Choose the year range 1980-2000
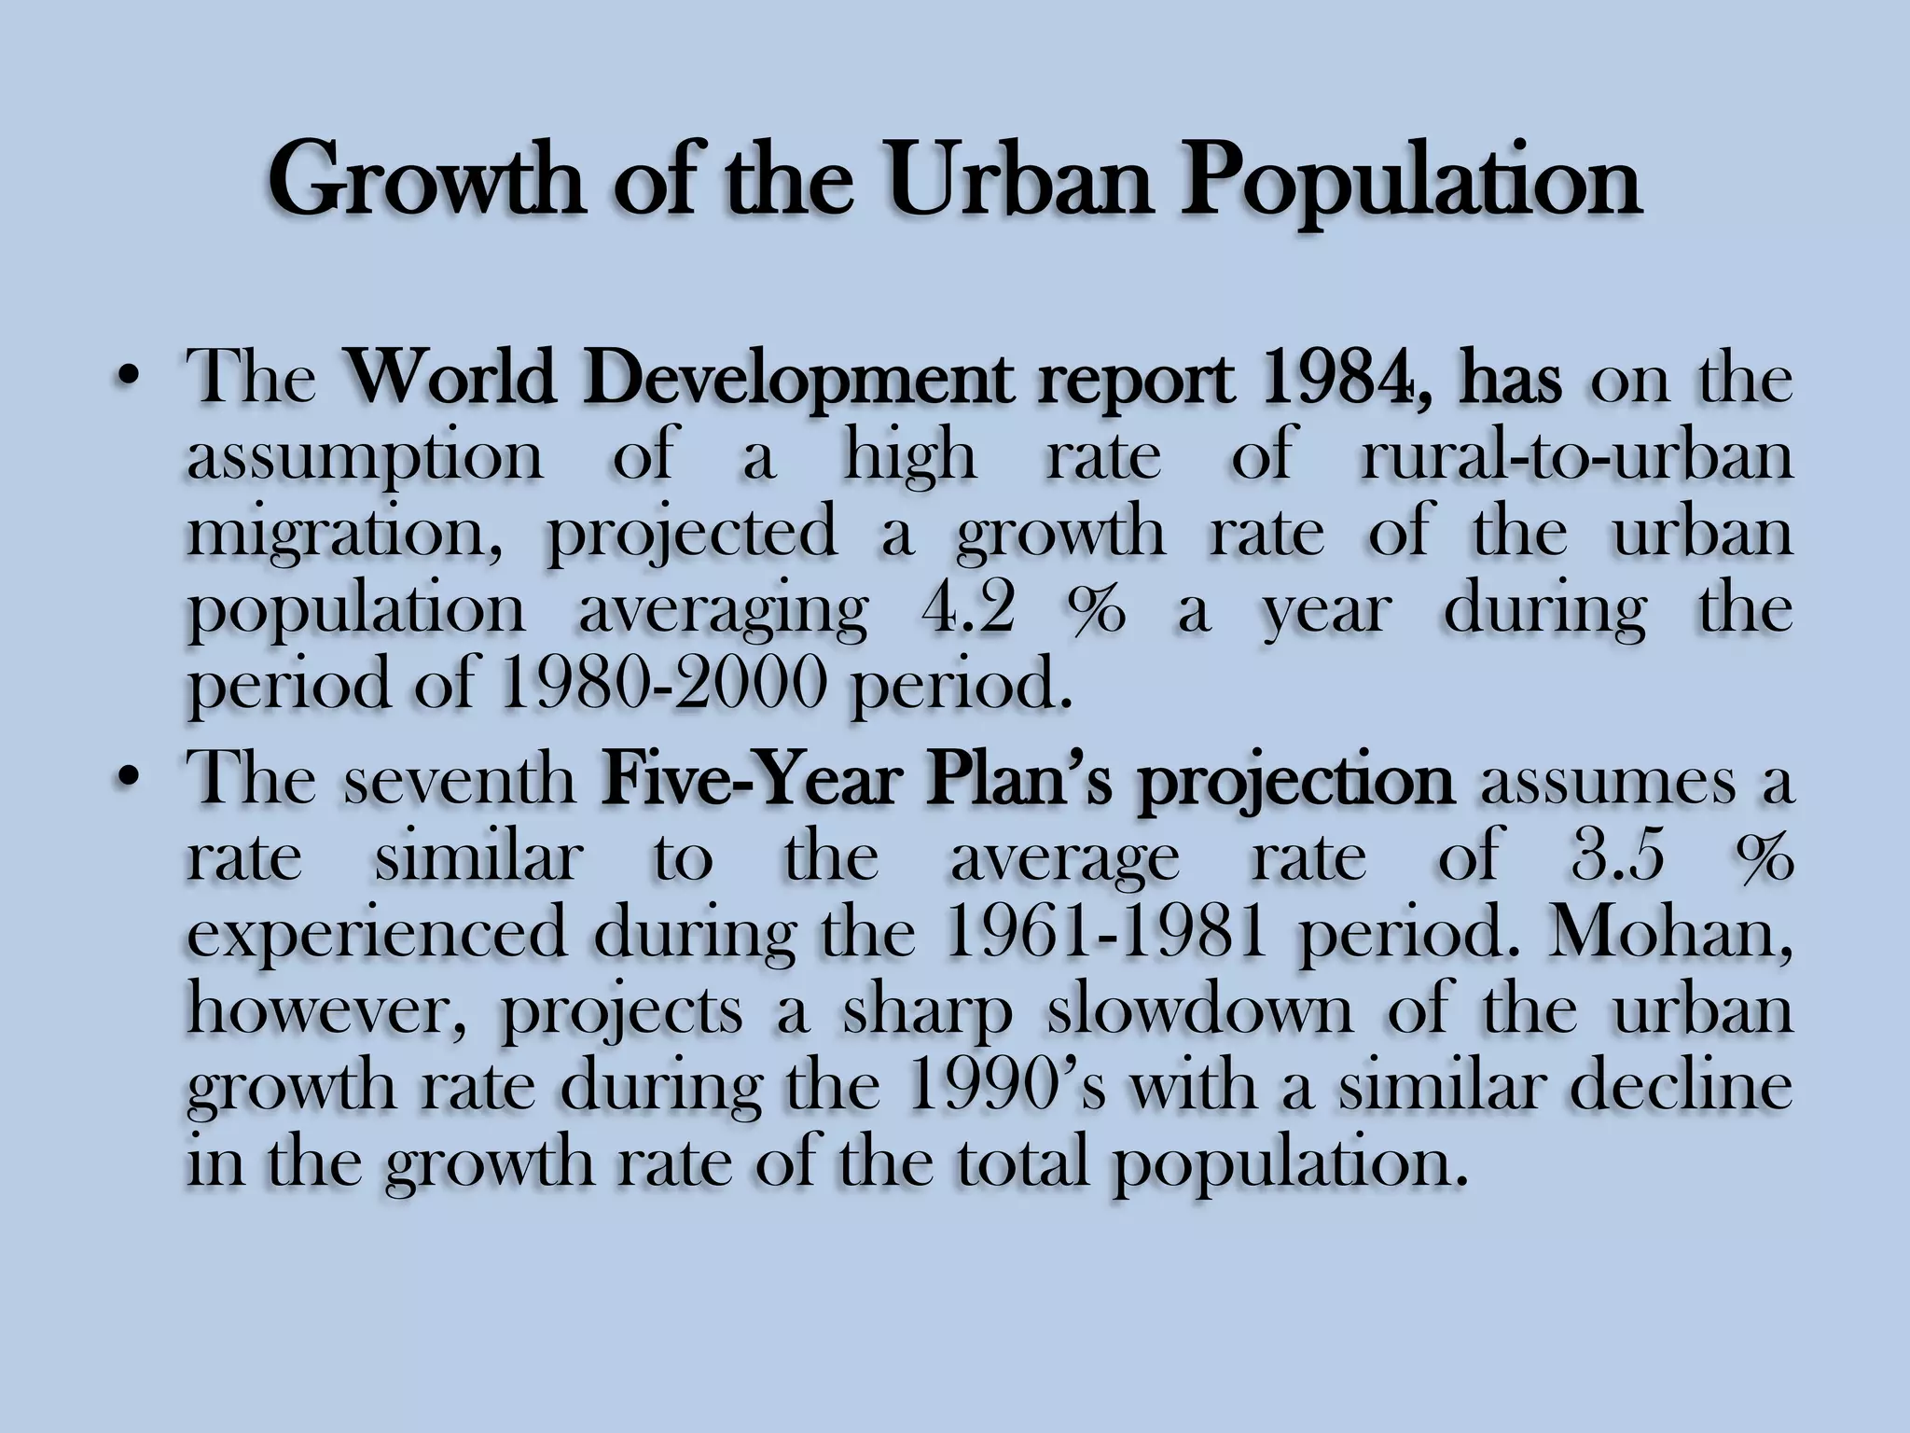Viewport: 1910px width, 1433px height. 664,686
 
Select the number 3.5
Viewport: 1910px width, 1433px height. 1618,857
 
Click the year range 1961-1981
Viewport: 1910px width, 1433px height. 1104,933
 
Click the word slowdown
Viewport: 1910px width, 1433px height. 1199,1010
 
